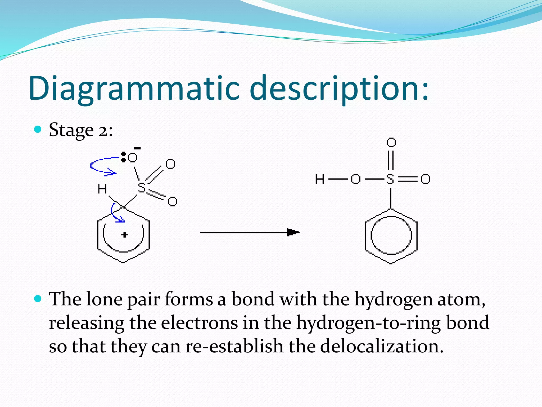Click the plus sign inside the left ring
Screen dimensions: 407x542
pyautogui.click(x=124, y=235)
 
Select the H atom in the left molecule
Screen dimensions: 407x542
pyautogui.click(x=102, y=189)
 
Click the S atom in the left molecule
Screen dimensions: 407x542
pyautogui.click(x=142, y=188)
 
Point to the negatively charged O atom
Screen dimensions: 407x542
pyautogui.click(x=133, y=158)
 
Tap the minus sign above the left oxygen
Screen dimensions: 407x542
pyautogui.click(x=137, y=148)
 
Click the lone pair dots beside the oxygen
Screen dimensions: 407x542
pyautogui.click(x=123, y=157)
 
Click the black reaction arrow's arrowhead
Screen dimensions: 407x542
pyautogui.click(x=292, y=232)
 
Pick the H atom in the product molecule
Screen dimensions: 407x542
pyautogui.click(x=319, y=179)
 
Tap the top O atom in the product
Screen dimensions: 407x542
pyautogui.click(x=391, y=143)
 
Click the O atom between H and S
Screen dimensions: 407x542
pyautogui.click(x=355, y=179)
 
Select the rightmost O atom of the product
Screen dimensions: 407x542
pyautogui.click(x=425, y=179)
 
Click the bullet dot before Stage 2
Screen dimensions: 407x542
pyautogui.click(x=38, y=129)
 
